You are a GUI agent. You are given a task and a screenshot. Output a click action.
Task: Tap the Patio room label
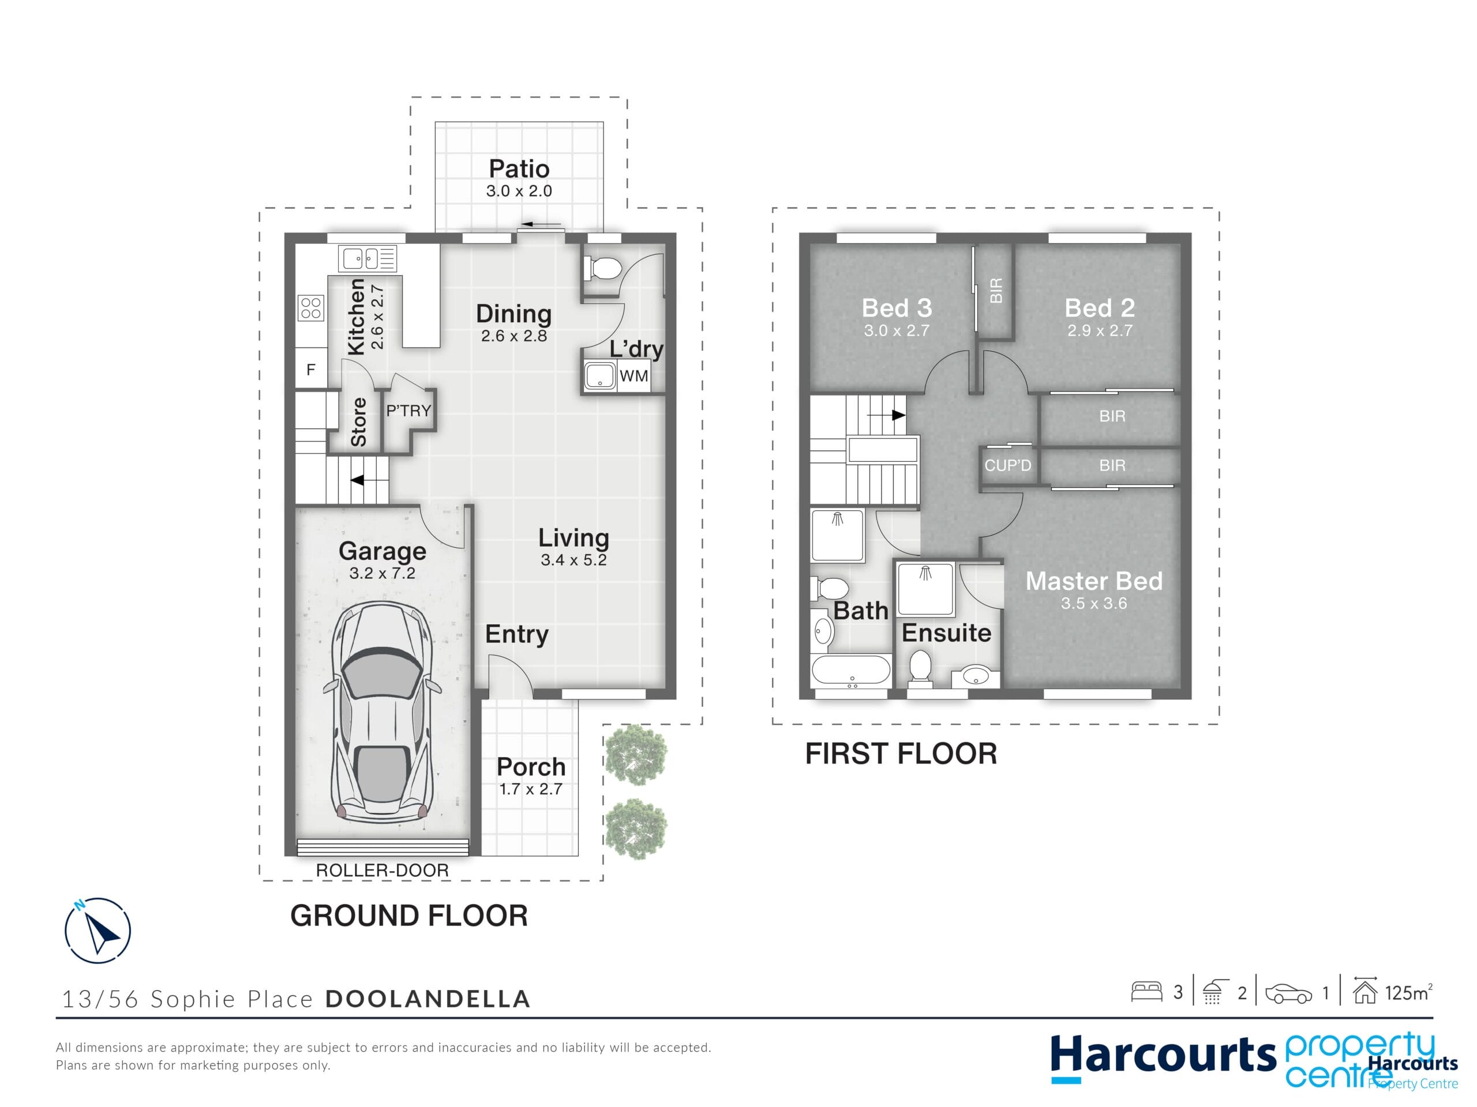519,169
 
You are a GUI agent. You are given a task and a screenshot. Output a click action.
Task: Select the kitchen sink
368,258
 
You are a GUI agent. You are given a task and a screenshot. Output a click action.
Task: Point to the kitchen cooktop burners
311,308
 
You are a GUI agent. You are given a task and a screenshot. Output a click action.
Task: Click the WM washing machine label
633,376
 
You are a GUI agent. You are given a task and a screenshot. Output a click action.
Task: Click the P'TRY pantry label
408,411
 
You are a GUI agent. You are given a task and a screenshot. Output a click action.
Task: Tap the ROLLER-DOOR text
382,870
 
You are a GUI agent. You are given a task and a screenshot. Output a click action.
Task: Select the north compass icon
98,930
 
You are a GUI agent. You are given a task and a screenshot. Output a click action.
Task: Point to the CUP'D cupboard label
1007,465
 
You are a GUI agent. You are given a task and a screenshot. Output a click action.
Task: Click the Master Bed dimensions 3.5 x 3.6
1094,603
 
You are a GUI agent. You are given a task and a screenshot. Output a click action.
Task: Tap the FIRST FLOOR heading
901,754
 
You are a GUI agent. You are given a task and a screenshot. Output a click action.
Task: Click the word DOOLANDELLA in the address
428,999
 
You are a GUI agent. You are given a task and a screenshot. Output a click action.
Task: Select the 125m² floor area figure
1408,993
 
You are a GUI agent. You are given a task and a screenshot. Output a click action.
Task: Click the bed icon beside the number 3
1146,992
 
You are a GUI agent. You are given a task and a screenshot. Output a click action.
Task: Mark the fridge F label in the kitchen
310,370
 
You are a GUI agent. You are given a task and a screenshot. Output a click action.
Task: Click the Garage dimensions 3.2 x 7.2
382,573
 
